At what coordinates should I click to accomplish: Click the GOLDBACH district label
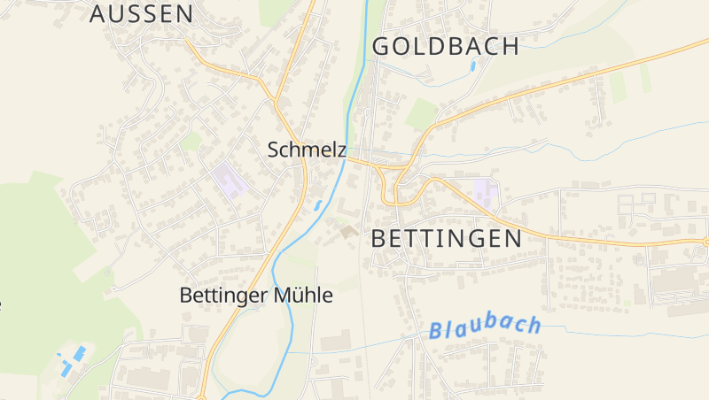click(445, 47)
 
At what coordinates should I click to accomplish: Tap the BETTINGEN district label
click(445, 238)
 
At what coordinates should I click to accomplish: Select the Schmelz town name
click(307, 150)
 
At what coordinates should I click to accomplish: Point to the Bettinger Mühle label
click(256, 296)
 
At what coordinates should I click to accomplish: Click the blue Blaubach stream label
click(485, 327)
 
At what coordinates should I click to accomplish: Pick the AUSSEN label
click(142, 14)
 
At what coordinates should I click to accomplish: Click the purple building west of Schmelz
click(230, 181)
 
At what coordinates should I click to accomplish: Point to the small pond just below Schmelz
click(318, 205)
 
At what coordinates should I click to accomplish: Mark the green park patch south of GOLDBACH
click(422, 114)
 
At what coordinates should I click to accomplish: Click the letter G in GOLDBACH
click(381, 47)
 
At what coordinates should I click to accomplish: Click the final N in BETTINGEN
click(510, 238)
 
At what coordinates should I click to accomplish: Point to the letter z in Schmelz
click(340, 150)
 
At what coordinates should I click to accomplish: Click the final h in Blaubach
click(533, 324)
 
